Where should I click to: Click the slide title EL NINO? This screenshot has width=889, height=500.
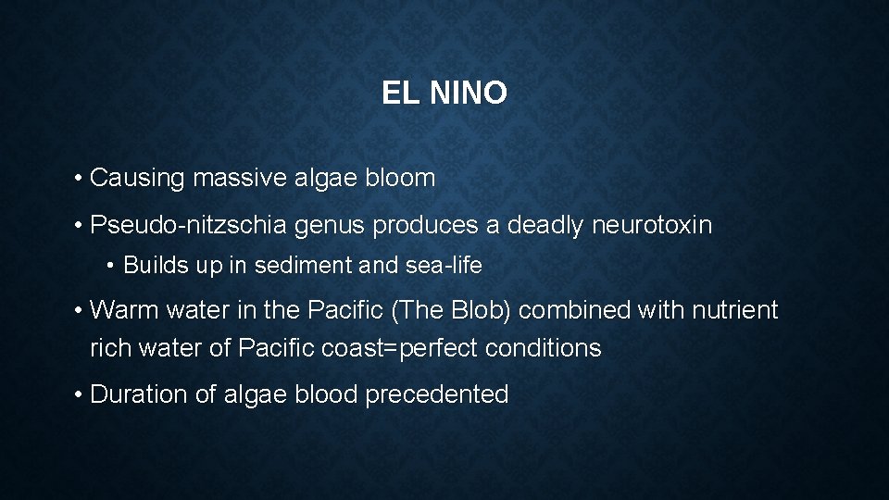[444, 93]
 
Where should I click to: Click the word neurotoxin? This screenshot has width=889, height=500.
[652, 225]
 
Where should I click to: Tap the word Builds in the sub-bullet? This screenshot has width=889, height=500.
[154, 266]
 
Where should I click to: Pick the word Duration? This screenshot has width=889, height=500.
[139, 394]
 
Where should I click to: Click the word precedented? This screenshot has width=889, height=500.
[437, 394]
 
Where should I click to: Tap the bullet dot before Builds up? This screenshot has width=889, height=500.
[111, 267]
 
